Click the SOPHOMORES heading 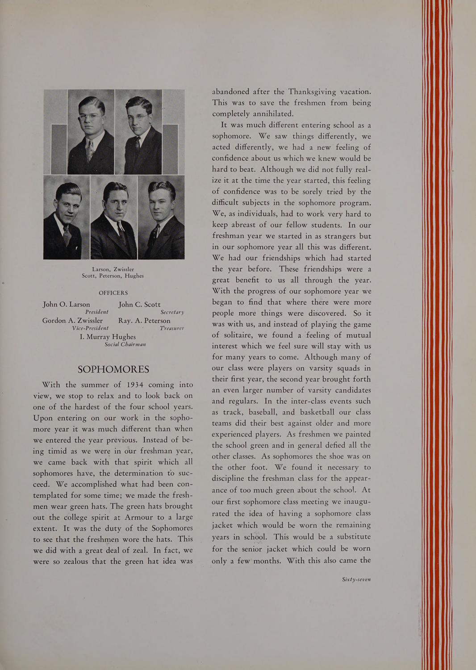point(113,369)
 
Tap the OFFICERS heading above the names point(113,293)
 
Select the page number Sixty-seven point(356,579)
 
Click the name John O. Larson point(67,304)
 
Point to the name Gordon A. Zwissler point(72,320)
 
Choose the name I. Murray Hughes point(108,336)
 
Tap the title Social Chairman point(125,344)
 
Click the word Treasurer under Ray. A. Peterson point(172,328)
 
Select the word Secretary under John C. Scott point(172,312)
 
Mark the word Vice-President point(90,328)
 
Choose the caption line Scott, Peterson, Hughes point(113,276)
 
